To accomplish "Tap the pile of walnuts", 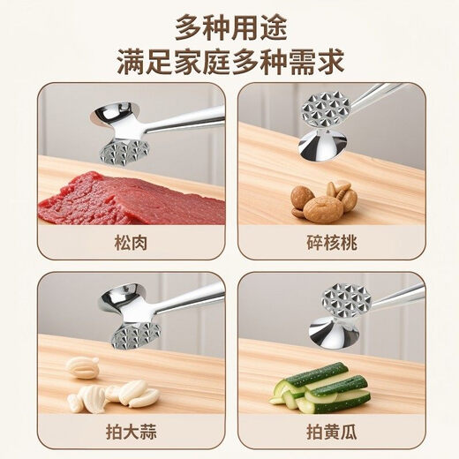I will click(325, 201).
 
